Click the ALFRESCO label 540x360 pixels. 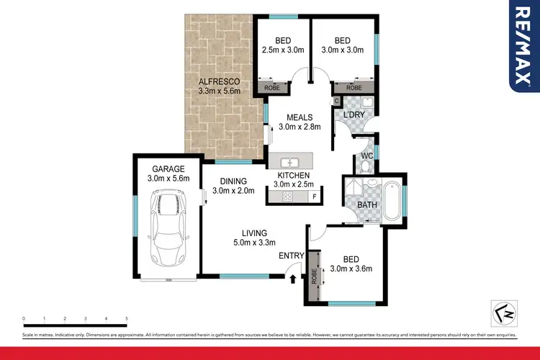(x=219, y=81)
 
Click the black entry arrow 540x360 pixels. (x=292, y=279)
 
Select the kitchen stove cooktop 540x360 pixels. (x=287, y=196)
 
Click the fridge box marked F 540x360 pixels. (x=314, y=196)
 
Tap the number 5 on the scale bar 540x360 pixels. (x=127, y=318)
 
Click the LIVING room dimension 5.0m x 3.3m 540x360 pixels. (x=254, y=243)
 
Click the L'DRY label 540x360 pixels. (x=354, y=115)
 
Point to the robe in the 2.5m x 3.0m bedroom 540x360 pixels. (x=273, y=87)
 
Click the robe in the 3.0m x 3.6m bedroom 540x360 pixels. (x=314, y=277)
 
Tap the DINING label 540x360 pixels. (x=234, y=181)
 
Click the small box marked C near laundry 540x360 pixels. (x=336, y=102)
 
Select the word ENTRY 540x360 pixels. (x=290, y=256)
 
